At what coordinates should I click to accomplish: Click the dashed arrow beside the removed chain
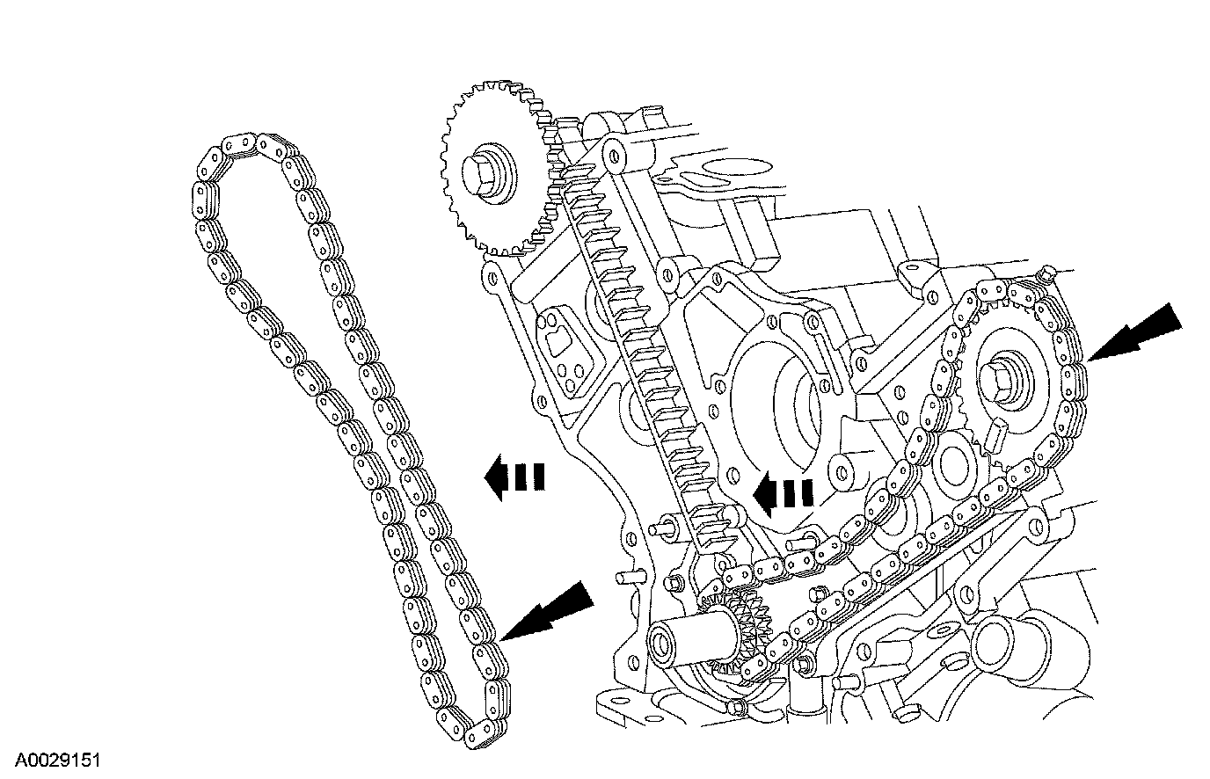[x=514, y=477]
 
